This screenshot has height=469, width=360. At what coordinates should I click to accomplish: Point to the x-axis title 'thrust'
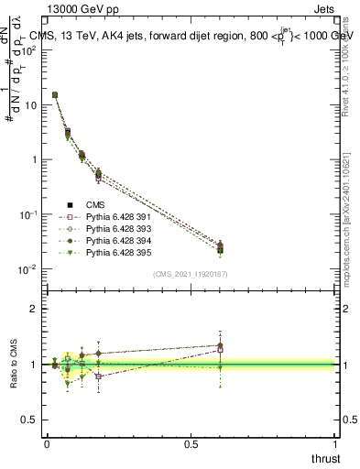[325, 457]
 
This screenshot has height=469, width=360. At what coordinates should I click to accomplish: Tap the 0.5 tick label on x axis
[191, 443]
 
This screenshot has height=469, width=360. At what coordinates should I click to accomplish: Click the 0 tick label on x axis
[47, 443]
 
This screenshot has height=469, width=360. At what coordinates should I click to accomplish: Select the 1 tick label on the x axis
[336, 443]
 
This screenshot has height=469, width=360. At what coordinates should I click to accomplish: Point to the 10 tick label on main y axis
[30, 104]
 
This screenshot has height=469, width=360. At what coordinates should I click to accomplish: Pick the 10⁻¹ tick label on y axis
[28, 213]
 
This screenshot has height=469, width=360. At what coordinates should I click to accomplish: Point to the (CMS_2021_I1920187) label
[191, 274]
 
